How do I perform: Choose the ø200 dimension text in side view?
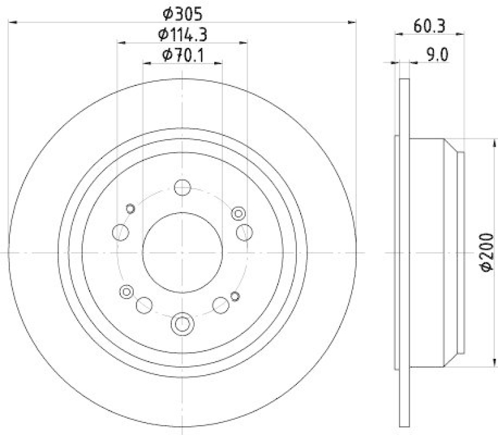487,253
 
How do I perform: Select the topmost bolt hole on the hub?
182,187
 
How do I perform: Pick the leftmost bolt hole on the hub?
120,233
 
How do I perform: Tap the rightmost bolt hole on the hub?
245,232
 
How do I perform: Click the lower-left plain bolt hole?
144,304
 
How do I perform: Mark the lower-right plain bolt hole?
220,304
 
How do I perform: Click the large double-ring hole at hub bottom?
182,324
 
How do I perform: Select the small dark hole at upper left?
131,208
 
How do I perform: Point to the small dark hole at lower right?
235,295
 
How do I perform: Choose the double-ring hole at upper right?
238,214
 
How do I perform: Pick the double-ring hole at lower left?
127,290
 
